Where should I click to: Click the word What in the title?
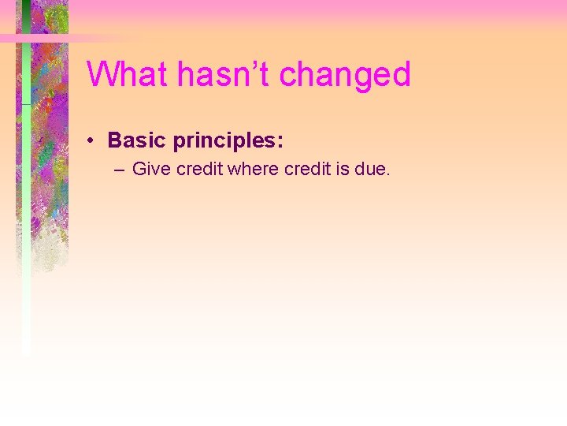pos(128,75)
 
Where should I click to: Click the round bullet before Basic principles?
pos(92,141)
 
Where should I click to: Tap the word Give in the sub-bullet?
pos(152,169)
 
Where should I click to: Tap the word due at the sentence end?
pos(370,169)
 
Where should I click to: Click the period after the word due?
pos(387,174)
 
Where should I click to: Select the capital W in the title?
pos(102,75)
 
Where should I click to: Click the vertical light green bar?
pos(26,237)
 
